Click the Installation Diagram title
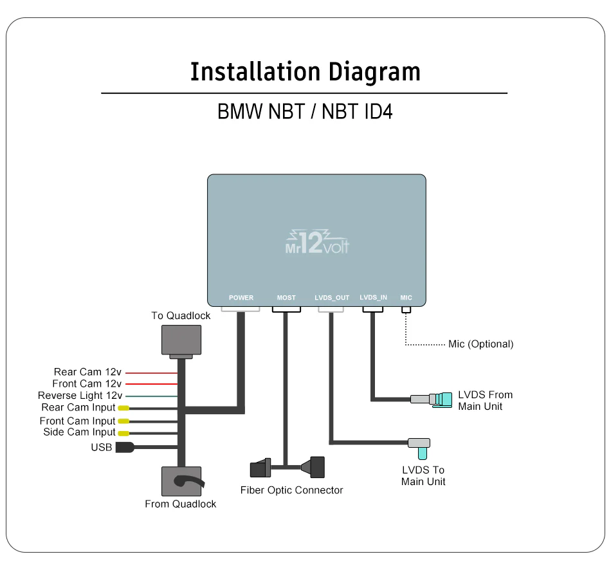[x=305, y=71]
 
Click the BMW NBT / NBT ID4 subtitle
[x=305, y=111]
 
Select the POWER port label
[x=241, y=298]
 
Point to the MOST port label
[x=286, y=298]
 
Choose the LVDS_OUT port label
[x=332, y=298]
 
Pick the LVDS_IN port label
[x=374, y=297]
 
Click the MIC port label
[x=406, y=298]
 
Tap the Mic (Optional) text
[x=480, y=344]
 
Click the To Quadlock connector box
[x=181, y=340]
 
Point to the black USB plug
[x=124, y=447]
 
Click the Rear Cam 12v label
[x=87, y=372]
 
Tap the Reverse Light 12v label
[x=80, y=396]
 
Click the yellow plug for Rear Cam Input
[x=122, y=408]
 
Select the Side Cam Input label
[x=79, y=432]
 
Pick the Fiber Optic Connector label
[x=291, y=490]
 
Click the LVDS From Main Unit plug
[x=432, y=400]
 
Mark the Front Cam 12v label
[x=87, y=384]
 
